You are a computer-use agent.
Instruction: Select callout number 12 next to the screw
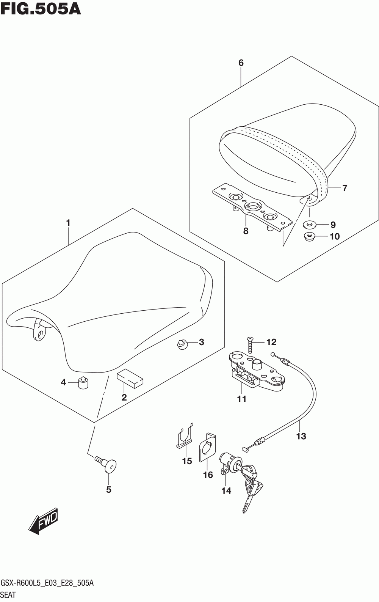271,342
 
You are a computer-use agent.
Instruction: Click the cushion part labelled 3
182,344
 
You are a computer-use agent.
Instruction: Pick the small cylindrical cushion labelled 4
83,384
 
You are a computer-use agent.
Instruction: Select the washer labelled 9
309,225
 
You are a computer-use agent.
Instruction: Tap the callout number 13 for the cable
301,436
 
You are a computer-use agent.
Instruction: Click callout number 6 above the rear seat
241,63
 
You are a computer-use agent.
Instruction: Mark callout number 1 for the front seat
68,223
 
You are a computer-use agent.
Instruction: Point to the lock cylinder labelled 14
230,462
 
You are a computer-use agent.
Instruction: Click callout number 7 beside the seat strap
345,188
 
